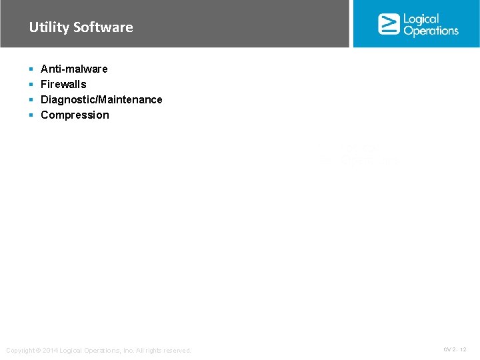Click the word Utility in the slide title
49,27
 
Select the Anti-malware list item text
74,69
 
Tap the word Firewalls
63,84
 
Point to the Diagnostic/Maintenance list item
101,99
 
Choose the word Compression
75,115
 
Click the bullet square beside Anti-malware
31,69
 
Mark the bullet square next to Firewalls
31,84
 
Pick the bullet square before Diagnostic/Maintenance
31,99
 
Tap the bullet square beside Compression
31,115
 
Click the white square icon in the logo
389,24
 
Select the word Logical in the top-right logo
421,19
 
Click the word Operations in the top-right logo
431,31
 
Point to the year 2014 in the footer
51,351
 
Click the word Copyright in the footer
21,351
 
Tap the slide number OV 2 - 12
455,349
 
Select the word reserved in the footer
176,351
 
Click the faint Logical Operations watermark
360,157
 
